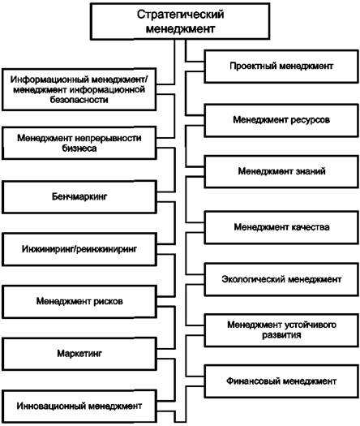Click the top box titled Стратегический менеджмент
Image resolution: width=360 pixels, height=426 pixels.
click(180, 21)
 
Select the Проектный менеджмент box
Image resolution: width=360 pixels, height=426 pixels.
click(281, 67)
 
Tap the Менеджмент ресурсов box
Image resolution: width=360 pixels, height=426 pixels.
click(281, 120)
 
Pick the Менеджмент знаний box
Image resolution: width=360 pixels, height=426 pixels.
click(281, 171)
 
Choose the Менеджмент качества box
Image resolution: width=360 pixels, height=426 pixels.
click(281, 227)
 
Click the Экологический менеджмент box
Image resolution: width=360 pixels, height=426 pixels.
click(281, 279)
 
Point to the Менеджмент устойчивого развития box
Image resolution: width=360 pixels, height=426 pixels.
click(281, 330)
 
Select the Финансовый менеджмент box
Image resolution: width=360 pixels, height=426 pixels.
click(281, 381)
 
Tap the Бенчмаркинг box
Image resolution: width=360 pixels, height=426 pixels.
click(79, 196)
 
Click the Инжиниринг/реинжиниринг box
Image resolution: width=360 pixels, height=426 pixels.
click(79, 249)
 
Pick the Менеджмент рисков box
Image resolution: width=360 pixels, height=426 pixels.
click(79, 302)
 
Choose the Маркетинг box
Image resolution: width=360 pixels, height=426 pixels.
click(79, 354)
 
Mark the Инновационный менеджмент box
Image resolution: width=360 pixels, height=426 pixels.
click(79, 407)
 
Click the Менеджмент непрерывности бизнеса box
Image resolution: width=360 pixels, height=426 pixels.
click(79, 143)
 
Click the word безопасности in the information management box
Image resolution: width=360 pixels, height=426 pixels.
click(79, 100)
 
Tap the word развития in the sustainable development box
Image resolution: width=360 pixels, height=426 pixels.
click(281, 335)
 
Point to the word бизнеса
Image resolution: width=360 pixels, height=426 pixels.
click(79, 148)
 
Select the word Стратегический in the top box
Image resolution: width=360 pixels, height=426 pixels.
click(180, 15)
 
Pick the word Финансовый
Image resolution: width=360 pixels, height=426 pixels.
click(251, 381)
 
